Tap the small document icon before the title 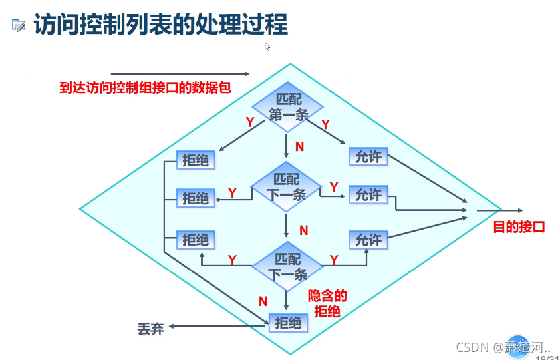coord(19,26)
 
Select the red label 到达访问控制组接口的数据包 coord(145,87)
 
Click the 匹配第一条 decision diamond coord(287,106)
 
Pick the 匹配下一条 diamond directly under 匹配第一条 coord(287,187)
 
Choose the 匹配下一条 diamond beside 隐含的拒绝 coord(287,266)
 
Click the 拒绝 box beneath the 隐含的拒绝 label coord(288,323)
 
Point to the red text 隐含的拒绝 coord(328,303)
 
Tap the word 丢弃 coord(150,329)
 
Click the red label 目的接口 coord(519,227)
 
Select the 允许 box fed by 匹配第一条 coord(368,156)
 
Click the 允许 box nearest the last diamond coord(368,240)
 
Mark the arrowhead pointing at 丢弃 coord(171,326)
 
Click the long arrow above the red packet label coord(180,74)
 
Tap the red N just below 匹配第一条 coord(299,146)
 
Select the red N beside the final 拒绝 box coord(263,301)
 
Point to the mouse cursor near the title coord(267,47)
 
